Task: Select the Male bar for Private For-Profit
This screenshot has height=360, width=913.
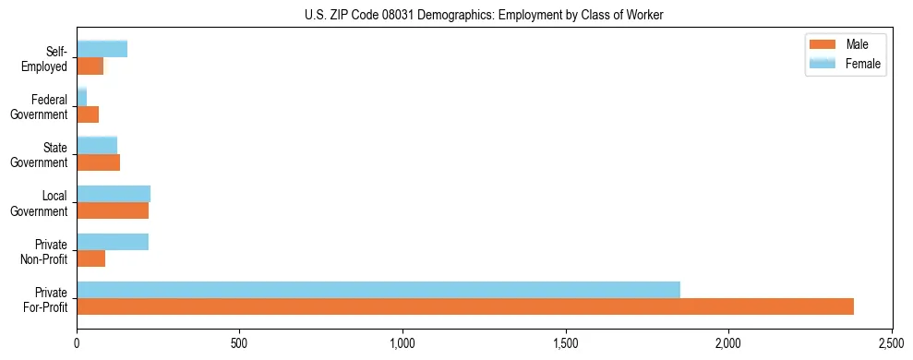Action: point(465,306)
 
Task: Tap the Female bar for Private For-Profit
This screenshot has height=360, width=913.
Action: point(378,290)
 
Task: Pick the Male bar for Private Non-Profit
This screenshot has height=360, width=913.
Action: point(91,258)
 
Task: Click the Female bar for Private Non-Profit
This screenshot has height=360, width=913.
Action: point(113,242)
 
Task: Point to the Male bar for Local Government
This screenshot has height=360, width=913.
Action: point(113,210)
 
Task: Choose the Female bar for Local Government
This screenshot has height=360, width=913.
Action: point(114,194)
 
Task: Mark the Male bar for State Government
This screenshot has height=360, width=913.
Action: point(99,162)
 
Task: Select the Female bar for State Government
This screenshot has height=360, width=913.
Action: point(97,146)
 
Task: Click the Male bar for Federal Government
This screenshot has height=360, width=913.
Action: point(88,114)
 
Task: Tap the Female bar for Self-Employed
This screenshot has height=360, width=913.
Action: point(102,50)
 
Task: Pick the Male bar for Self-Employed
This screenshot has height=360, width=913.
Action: point(90,66)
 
